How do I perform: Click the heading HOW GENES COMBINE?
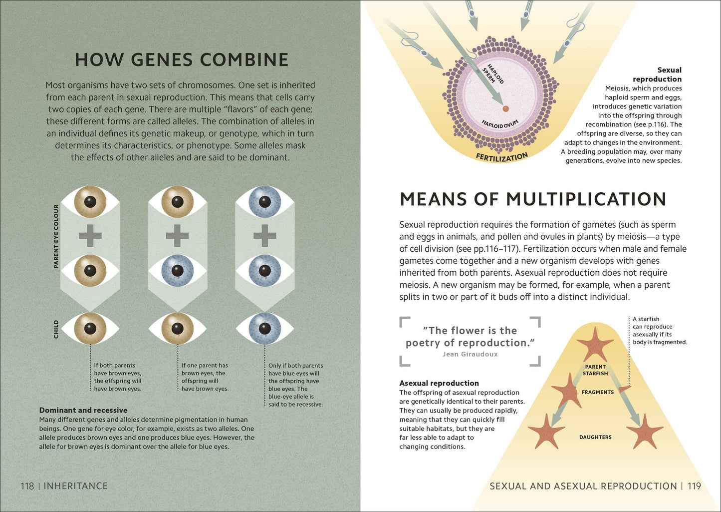(182, 59)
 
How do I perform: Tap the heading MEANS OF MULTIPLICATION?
(533, 199)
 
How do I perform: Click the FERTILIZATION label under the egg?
(502, 157)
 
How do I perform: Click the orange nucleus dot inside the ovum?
(505, 109)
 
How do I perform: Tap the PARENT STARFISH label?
(595, 370)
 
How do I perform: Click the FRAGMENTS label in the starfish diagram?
(598, 392)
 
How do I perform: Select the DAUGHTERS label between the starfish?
(595, 437)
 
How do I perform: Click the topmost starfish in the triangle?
(595, 344)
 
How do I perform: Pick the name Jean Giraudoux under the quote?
(470, 354)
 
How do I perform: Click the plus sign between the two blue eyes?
(264, 236)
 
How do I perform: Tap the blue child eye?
(264, 328)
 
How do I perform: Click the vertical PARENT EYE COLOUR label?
(56, 236)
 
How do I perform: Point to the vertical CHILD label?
(56, 329)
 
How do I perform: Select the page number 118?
(27, 486)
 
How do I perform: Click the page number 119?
(694, 486)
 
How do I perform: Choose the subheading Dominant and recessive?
(83, 410)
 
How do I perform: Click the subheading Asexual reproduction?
(439, 383)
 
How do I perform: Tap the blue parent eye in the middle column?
(177, 271)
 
